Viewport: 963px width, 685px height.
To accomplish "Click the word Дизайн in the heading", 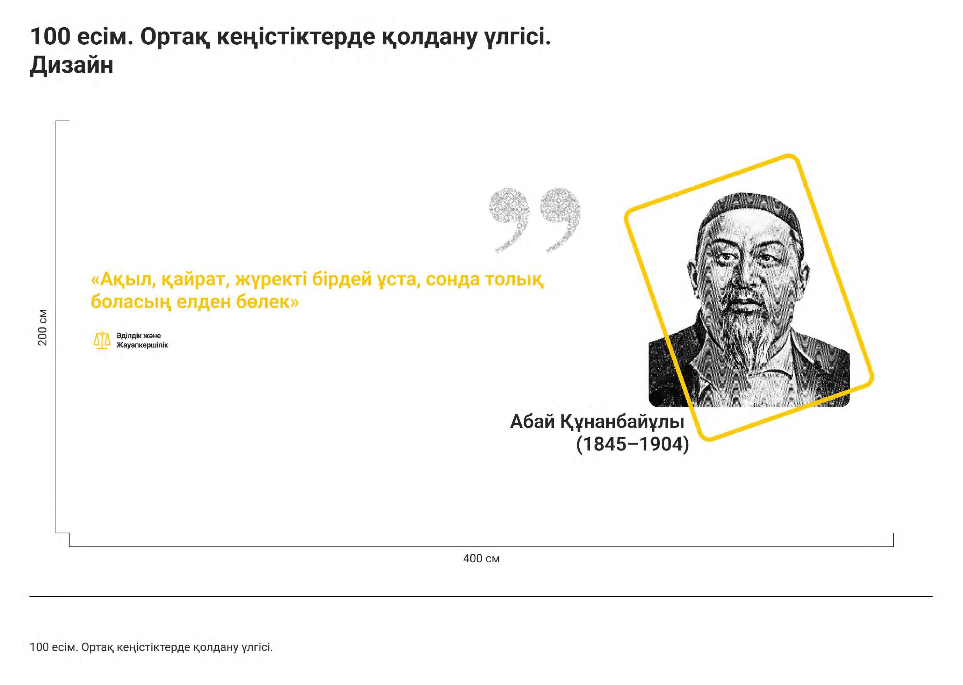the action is (x=72, y=66).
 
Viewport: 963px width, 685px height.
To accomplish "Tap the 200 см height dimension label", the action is (x=43, y=327).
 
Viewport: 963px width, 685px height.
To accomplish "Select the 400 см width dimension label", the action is (x=481, y=558).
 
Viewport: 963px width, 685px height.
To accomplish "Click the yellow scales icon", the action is (x=102, y=340).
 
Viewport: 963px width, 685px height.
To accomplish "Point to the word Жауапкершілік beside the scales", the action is (x=142, y=345).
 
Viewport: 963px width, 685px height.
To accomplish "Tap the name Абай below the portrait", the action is (x=532, y=421).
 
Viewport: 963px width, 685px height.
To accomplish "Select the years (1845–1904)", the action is (x=632, y=444).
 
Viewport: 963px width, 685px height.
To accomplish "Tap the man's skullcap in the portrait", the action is (x=751, y=215).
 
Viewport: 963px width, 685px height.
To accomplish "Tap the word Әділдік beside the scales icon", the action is (x=129, y=336).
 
